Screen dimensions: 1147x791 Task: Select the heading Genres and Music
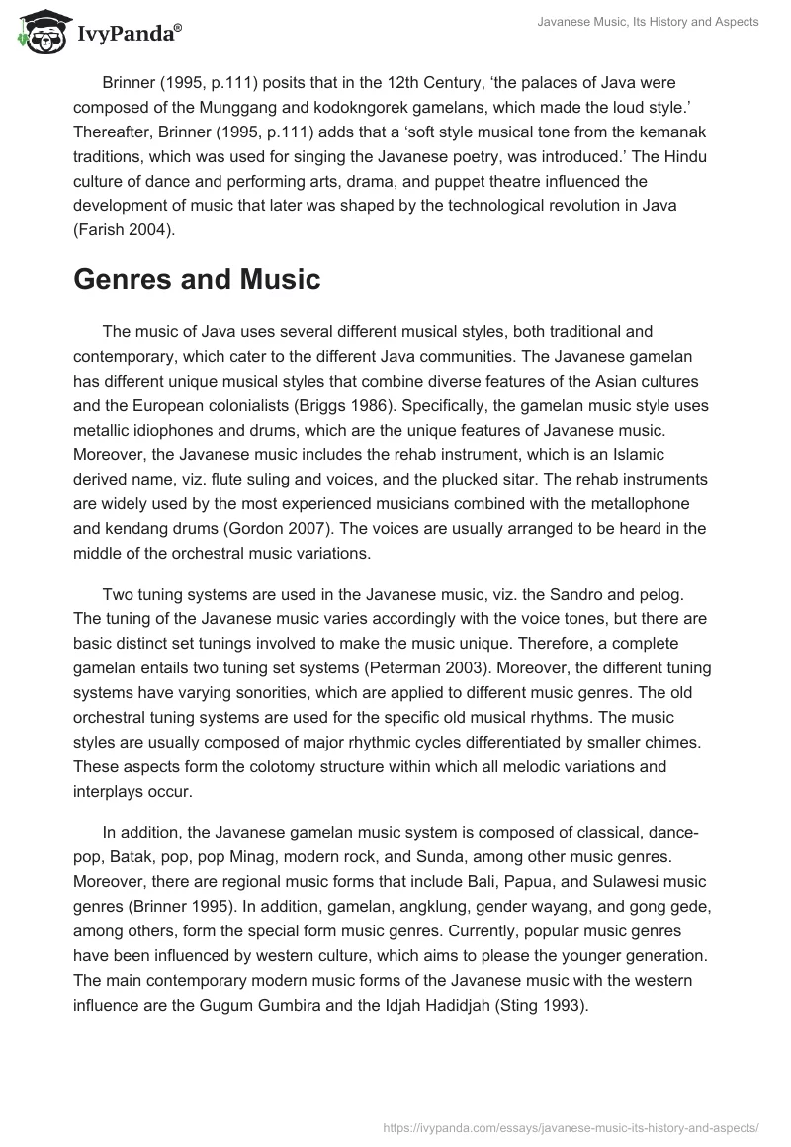click(197, 279)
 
